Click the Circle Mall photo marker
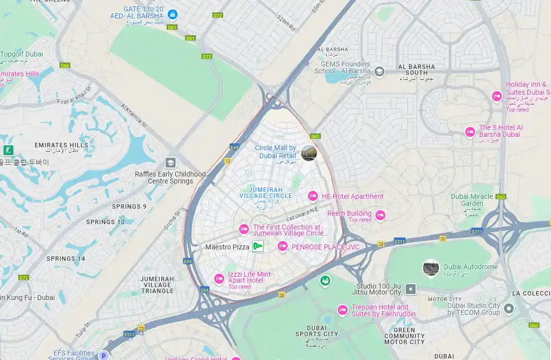[x=308, y=153]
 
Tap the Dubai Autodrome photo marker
[x=430, y=268]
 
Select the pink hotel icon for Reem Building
[x=380, y=215]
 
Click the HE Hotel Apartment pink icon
[x=313, y=196]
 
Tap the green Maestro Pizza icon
[x=257, y=246]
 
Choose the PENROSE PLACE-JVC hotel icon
[x=283, y=246]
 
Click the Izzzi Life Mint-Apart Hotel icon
[x=219, y=279]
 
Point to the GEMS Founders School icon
[x=379, y=71]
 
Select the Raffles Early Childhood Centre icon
[x=171, y=163]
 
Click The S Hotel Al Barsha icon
[x=470, y=132]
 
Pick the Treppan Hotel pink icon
[x=342, y=310]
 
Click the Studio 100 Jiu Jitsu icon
[x=411, y=289]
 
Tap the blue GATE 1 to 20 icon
[x=172, y=15]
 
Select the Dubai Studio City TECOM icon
[x=508, y=309]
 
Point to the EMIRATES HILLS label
[x=61, y=145]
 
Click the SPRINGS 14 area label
[x=66, y=258]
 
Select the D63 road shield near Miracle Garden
[x=500, y=197]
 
